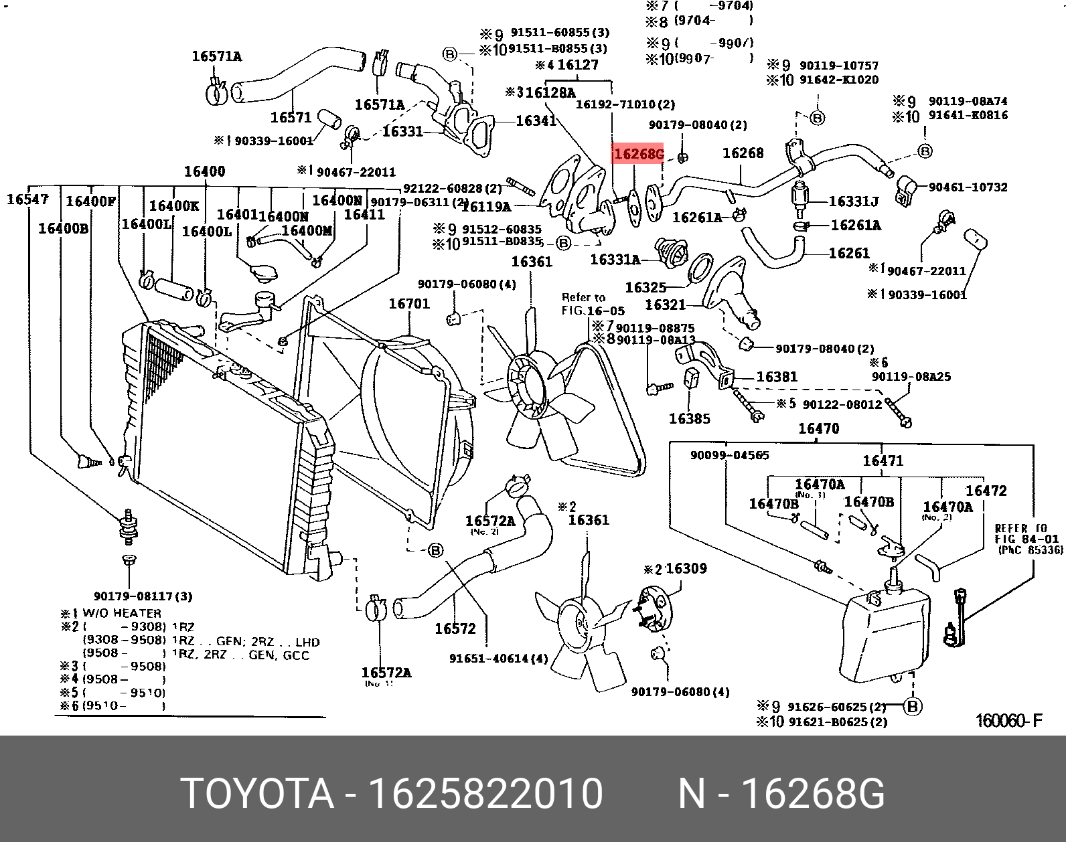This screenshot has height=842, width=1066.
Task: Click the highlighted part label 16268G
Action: click(638, 155)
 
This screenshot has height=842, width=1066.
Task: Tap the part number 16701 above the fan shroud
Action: click(409, 304)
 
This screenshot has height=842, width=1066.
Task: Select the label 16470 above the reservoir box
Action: click(818, 428)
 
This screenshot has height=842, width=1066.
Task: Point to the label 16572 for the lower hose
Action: click(455, 628)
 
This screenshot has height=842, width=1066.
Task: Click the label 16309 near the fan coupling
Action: click(686, 569)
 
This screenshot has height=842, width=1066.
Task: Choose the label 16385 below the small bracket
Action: click(689, 418)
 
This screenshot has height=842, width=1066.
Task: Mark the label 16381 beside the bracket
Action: click(777, 377)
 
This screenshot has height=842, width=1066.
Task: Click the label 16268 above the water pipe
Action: click(743, 153)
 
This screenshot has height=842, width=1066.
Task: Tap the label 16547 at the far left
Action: click(27, 199)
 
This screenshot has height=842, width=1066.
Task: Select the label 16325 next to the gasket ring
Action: click(645, 287)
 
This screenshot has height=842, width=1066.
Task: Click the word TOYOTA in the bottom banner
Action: click(257, 794)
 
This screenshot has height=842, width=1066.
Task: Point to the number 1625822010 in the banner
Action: click(486, 794)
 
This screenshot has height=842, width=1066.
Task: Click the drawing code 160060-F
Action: click(1008, 720)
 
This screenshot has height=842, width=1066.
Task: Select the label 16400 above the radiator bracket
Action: click(204, 171)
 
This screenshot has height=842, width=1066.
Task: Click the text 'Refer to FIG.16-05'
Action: click(592, 304)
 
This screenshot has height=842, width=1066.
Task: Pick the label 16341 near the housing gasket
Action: click(536, 120)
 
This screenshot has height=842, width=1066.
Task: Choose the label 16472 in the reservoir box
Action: click(986, 491)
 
